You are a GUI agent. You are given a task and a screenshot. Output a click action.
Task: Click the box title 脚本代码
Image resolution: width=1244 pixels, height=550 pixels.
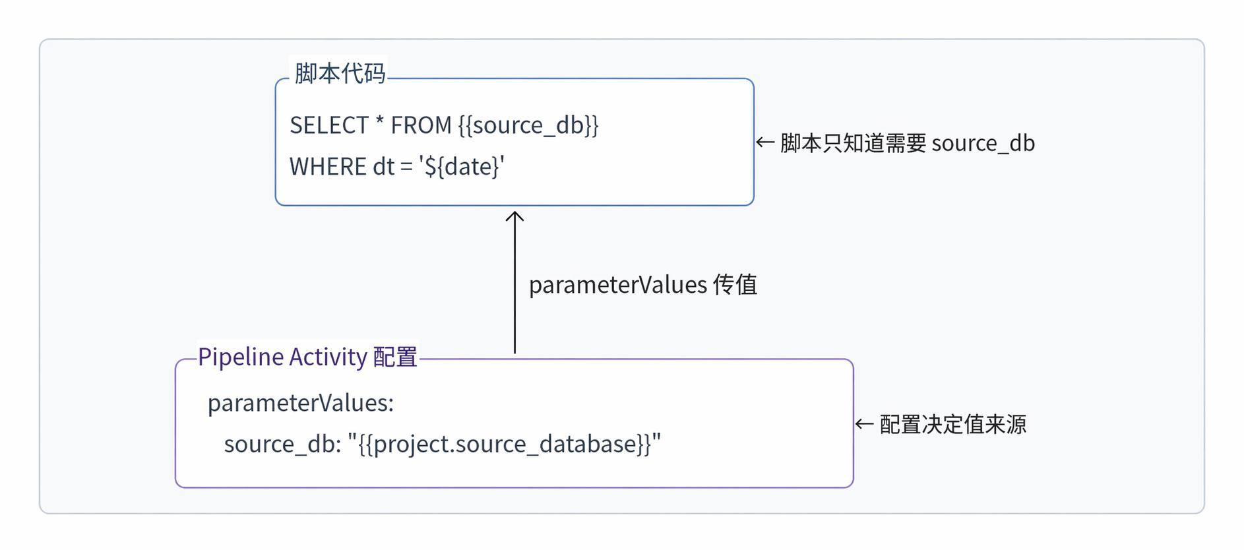(x=340, y=73)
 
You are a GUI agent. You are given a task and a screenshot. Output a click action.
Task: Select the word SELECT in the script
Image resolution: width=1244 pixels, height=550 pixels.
(x=329, y=125)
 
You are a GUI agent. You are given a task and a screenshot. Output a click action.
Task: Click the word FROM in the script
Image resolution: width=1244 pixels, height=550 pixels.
(x=421, y=125)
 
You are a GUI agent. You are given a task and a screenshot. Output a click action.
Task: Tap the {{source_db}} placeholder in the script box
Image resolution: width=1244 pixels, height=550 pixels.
(x=528, y=125)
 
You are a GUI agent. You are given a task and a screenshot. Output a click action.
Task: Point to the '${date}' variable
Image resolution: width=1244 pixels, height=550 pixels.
(x=462, y=167)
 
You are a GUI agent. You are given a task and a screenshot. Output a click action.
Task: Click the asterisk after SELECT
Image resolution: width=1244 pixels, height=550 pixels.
(x=379, y=122)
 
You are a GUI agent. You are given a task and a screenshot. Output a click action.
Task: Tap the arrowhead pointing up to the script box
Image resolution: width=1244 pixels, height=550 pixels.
(x=514, y=216)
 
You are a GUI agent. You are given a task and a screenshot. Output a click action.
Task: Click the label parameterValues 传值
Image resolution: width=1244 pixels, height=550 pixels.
(x=643, y=285)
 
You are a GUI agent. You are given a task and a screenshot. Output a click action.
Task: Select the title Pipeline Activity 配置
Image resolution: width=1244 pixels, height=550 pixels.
(x=307, y=357)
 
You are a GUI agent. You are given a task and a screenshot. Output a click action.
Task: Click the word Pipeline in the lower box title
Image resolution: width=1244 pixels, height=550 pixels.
(x=241, y=357)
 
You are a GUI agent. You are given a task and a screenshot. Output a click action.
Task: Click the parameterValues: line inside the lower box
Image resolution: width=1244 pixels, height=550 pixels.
(x=301, y=403)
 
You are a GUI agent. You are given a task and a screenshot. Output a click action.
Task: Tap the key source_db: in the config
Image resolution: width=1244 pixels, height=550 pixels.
(x=282, y=444)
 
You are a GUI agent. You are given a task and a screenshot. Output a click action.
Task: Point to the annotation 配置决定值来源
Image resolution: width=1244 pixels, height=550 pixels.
(x=953, y=424)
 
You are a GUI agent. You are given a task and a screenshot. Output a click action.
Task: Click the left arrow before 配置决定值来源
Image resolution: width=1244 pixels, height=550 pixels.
(x=864, y=424)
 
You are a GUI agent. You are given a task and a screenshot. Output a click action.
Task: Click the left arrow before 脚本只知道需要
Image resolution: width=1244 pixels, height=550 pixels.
(x=765, y=142)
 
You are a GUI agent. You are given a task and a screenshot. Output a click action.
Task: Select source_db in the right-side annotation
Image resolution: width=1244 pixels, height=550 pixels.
(x=983, y=143)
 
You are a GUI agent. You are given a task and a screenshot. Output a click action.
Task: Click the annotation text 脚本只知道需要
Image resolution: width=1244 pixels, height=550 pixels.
(x=854, y=143)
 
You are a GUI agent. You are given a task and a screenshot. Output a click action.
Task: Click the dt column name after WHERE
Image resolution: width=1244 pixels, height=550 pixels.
(x=384, y=167)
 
